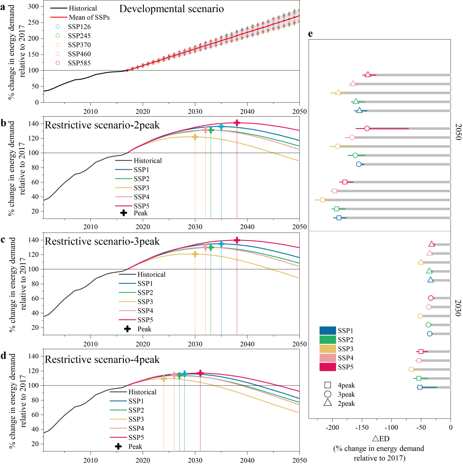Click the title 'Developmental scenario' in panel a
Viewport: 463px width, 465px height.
click(x=172, y=9)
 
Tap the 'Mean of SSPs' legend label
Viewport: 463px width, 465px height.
click(x=89, y=17)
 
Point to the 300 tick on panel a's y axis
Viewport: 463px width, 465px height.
click(x=33, y=7)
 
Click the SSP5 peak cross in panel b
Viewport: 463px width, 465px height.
click(x=237, y=123)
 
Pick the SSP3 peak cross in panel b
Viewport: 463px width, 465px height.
click(x=195, y=137)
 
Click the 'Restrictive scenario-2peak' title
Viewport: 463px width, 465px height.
click(x=102, y=125)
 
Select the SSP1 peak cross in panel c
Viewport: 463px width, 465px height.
click(x=221, y=244)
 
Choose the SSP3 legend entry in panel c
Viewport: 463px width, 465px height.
click(x=145, y=302)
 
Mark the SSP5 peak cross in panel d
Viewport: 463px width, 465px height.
click(x=200, y=373)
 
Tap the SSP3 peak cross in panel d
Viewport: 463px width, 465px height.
click(x=164, y=378)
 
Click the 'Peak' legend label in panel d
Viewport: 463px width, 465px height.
click(x=135, y=447)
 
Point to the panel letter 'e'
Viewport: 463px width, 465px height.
click(x=310, y=34)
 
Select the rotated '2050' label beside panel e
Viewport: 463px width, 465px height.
click(x=458, y=132)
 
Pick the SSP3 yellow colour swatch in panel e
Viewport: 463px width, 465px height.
click(x=328, y=349)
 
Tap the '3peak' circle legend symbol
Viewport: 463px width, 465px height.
click(x=328, y=394)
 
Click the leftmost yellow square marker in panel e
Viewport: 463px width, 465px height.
click(x=323, y=200)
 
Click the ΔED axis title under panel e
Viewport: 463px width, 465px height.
click(x=381, y=439)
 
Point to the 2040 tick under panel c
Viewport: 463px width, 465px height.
click(x=247, y=344)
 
